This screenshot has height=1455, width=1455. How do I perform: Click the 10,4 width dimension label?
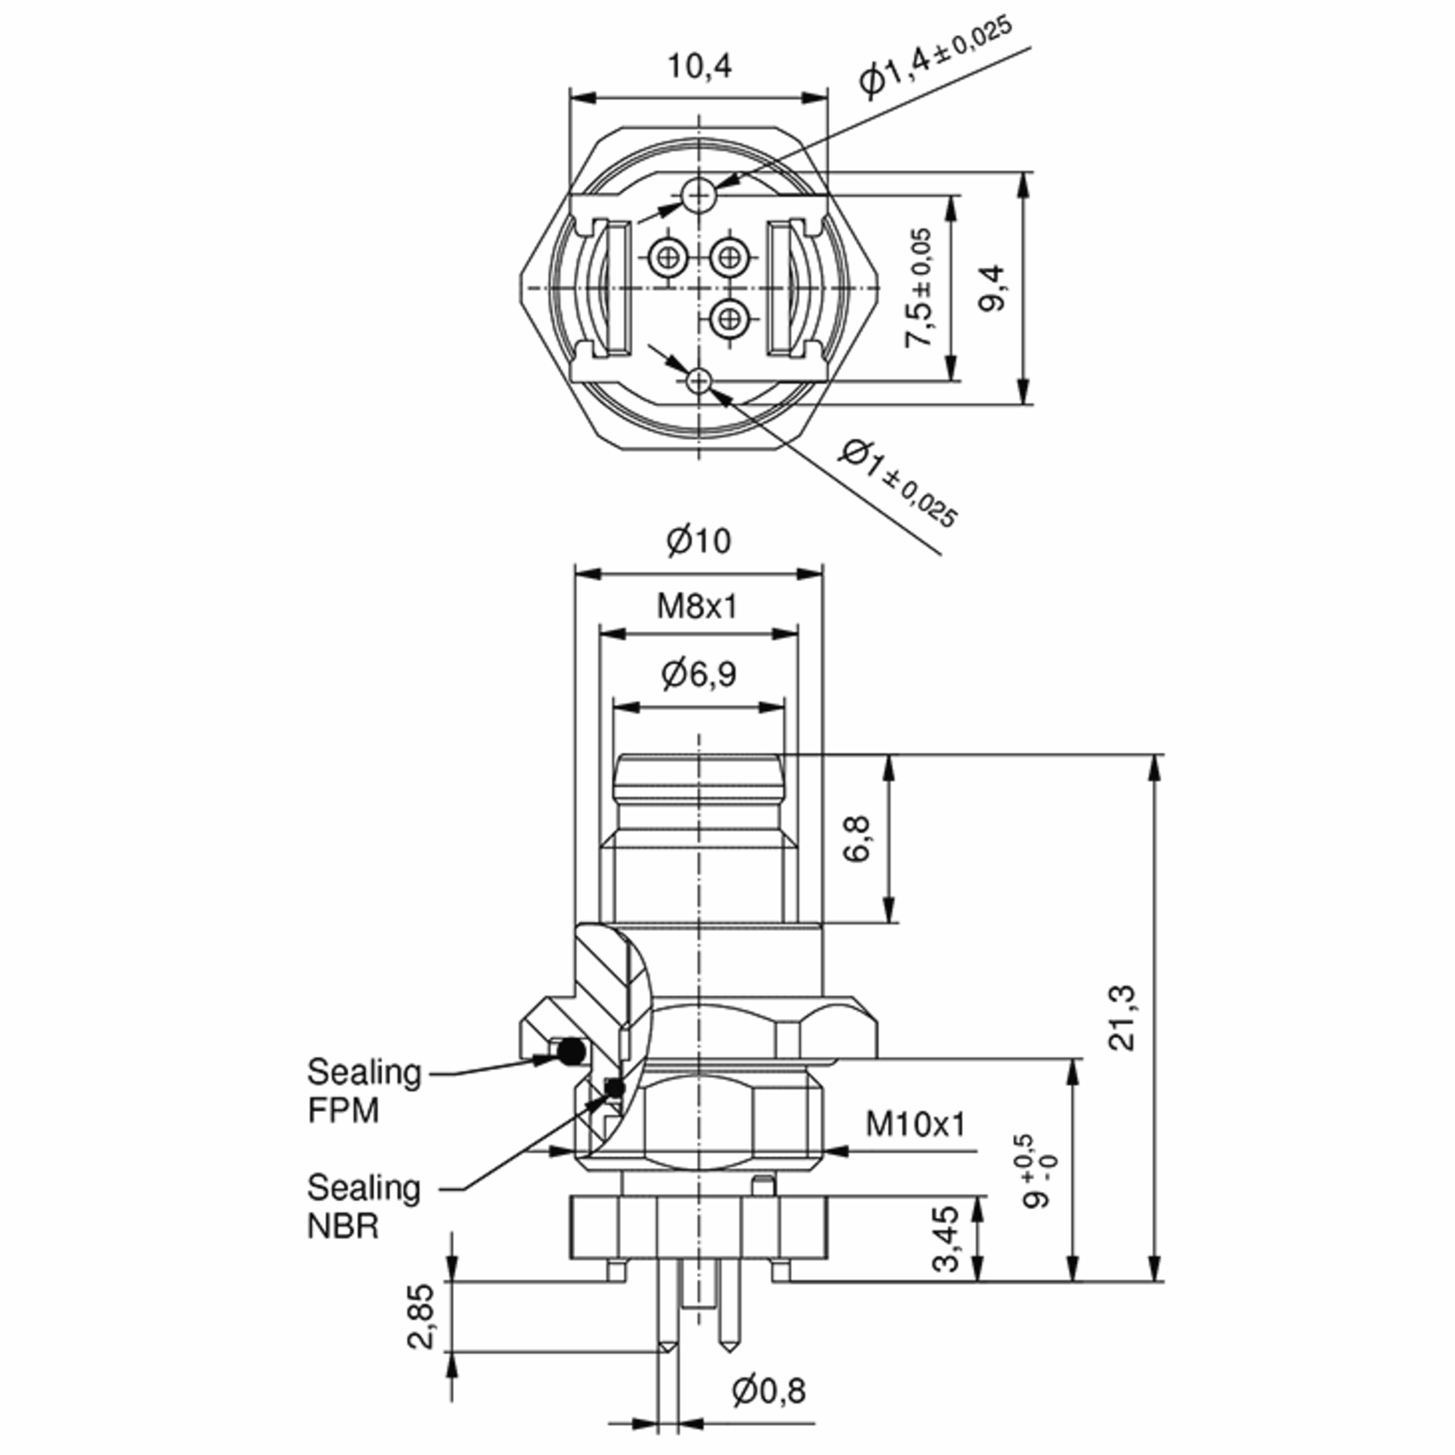[699, 67]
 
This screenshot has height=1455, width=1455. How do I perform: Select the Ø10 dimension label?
[698, 541]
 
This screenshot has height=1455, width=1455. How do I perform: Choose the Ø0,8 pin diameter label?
[768, 1391]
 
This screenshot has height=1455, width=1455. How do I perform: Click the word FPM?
[343, 1111]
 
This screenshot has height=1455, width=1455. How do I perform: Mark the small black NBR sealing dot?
[616, 1088]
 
